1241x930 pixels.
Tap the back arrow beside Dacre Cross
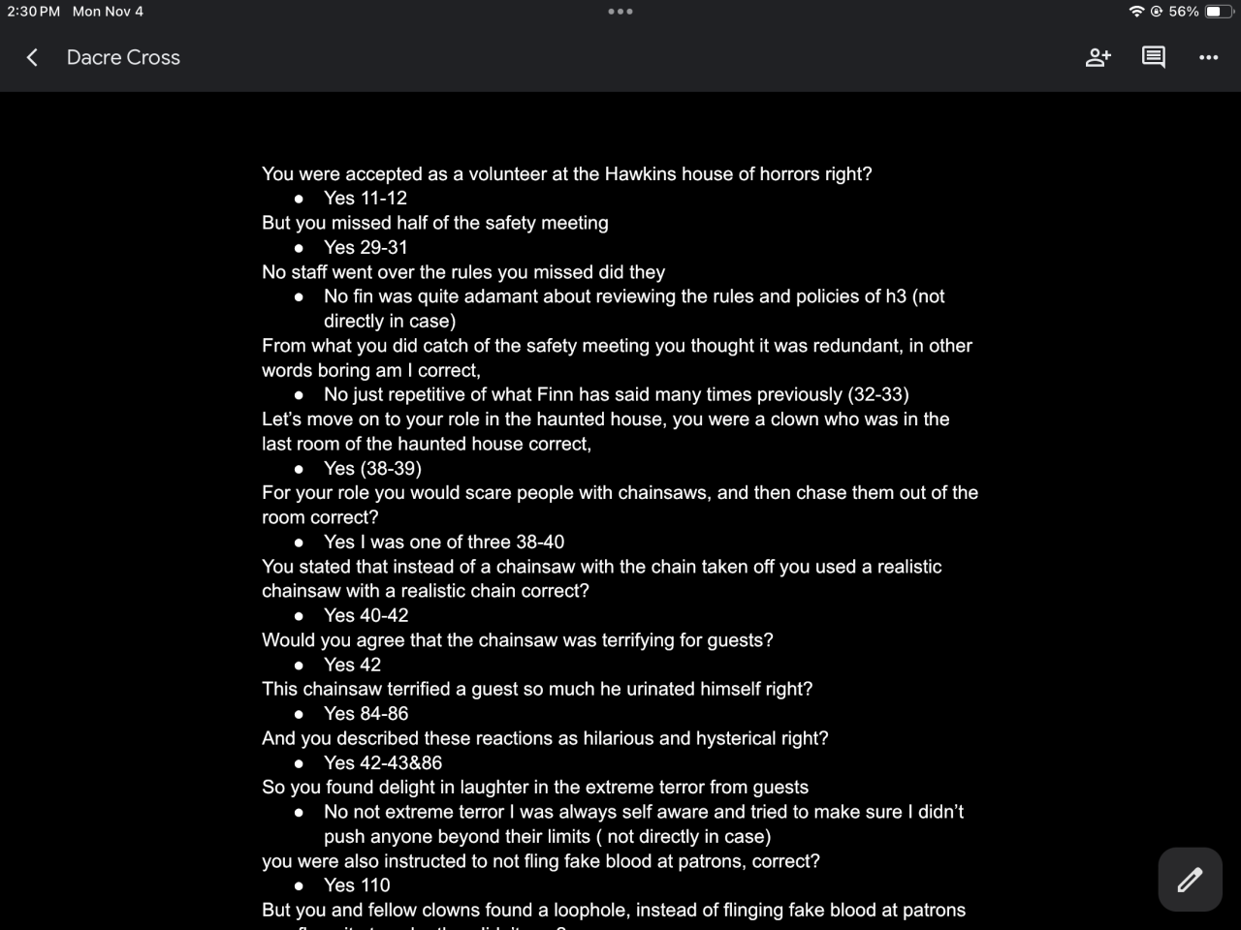(32, 58)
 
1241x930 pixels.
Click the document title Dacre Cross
(123, 58)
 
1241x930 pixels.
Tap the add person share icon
(1098, 58)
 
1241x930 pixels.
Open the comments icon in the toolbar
(1153, 58)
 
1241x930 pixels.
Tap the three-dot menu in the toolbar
(1208, 58)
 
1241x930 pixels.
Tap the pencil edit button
(1190, 880)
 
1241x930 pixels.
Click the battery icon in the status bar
(1219, 12)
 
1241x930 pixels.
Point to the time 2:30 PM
(33, 12)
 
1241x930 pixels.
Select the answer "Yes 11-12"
(366, 199)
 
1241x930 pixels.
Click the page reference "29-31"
(384, 248)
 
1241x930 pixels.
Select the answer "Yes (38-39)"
(372, 469)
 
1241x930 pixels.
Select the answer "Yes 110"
(357, 885)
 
